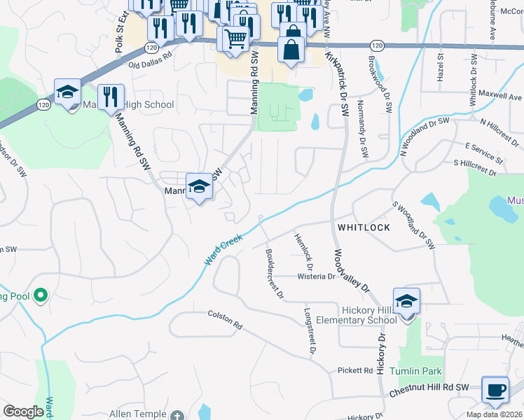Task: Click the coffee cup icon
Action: click(x=495, y=390)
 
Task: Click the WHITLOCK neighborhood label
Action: click(x=363, y=227)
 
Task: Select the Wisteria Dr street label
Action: click(x=317, y=276)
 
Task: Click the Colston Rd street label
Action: click(x=225, y=321)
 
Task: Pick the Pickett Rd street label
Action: click(x=354, y=370)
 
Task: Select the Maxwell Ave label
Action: click(x=500, y=97)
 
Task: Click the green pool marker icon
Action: click(x=40, y=295)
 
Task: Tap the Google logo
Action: click(x=23, y=412)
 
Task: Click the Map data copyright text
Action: click(x=495, y=414)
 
